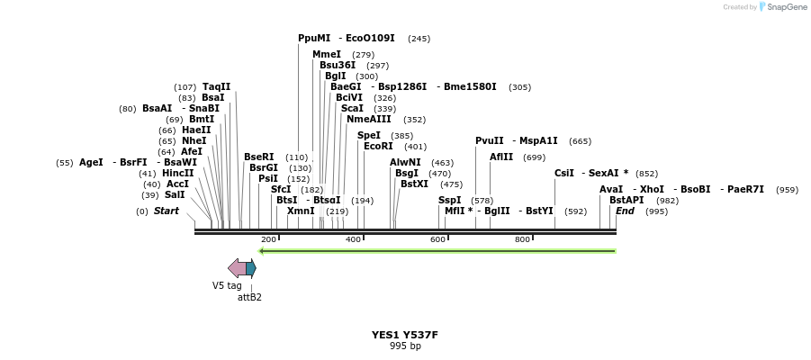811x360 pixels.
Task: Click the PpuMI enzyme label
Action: pos(315,39)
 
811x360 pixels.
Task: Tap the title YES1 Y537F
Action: pos(404,335)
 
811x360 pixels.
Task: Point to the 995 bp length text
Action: pos(405,346)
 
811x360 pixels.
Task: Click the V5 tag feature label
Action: pos(227,285)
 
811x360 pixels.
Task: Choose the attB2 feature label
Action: pos(249,297)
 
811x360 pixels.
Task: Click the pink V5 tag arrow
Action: pos(237,268)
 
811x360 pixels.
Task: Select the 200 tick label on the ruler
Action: pos(268,239)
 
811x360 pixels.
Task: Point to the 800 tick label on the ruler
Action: pos(522,239)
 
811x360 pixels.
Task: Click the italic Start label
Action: pos(167,211)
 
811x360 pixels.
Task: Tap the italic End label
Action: pos(625,211)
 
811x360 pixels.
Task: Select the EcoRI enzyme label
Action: pos(379,147)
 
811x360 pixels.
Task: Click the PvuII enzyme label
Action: pos(490,141)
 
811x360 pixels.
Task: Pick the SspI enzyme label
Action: pos(449,201)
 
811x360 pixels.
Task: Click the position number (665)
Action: pos(581,141)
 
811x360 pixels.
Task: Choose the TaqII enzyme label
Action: pos(216,87)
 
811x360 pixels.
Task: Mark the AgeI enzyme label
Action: pos(91,163)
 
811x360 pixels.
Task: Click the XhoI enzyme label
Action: pos(652,190)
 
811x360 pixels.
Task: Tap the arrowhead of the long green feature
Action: pos(262,251)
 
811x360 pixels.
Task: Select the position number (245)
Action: pos(419,39)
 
